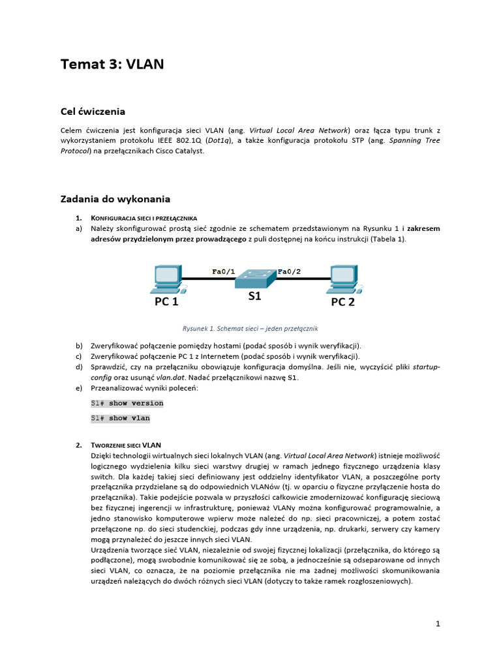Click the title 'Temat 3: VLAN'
(x=112, y=64)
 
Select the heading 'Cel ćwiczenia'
(x=93, y=111)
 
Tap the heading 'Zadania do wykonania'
(x=115, y=198)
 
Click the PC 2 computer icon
(x=343, y=279)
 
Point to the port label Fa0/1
(x=223, y=271)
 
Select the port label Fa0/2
(x=290, y=271)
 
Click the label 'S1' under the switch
(x=254, y=296)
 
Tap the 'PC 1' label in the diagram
(x=166, y=301)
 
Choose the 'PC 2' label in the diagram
(x=342, y=301)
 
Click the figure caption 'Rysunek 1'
(x=250, y=329)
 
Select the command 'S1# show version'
(x=127, y=403)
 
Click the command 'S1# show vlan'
(x=121, y=418)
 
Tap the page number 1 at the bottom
(x=438, y=624)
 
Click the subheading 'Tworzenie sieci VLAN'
(x=126, y=445)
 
